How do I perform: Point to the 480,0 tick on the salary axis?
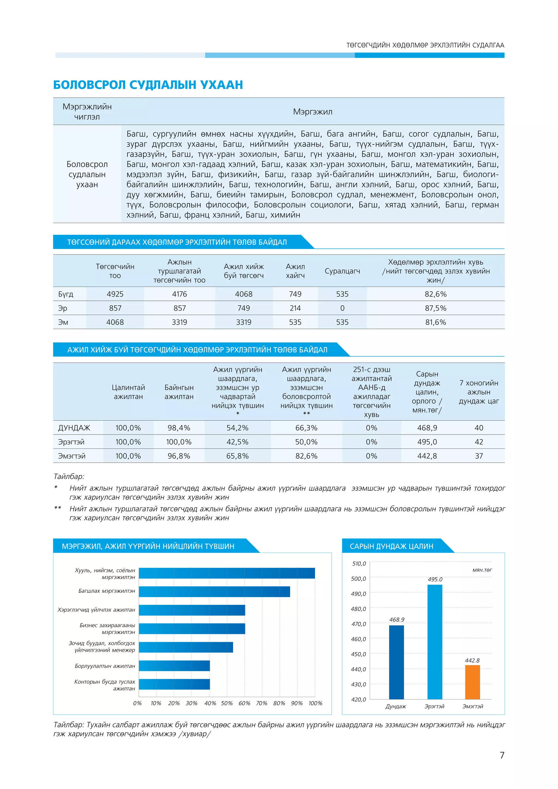click(358, 609)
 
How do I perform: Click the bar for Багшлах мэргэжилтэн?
click(214, 592)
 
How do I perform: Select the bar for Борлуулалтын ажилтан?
click(174, 666)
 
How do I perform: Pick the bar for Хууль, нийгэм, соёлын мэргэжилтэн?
click(227, 573)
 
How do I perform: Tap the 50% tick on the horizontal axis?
click(227, 703)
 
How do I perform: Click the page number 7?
click(502, 755)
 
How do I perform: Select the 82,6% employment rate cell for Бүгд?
click(435, 294)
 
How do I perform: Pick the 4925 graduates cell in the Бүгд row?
click(115, 294)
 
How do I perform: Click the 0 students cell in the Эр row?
click(342, 308)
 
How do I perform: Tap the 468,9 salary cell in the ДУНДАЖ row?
click(427, 428)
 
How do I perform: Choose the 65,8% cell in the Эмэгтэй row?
click(237, 456)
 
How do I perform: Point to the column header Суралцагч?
click(342, 271)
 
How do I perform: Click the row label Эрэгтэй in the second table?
click(71, 442)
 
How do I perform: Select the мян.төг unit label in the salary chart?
click(482, 570)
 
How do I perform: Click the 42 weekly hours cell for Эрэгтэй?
click(479, 442)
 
